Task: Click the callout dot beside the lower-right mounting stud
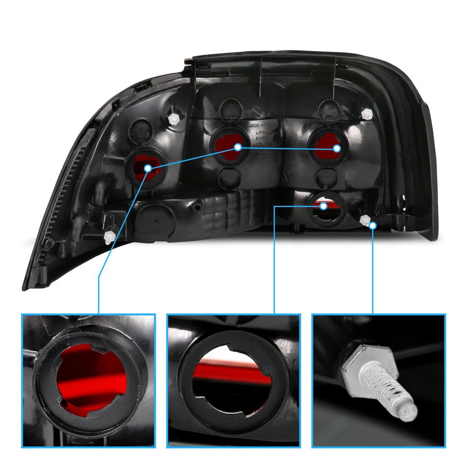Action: [x=373, y=225]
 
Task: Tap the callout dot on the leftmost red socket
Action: [x=148, y=168]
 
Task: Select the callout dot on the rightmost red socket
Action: [x=337, y=148]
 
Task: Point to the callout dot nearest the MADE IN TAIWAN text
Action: [x=238, y=146]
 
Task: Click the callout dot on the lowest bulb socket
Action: [x=323, y=206]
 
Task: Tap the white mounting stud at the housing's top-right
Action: [x=368, y=115]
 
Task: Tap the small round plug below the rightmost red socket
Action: [x=325, y=178]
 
